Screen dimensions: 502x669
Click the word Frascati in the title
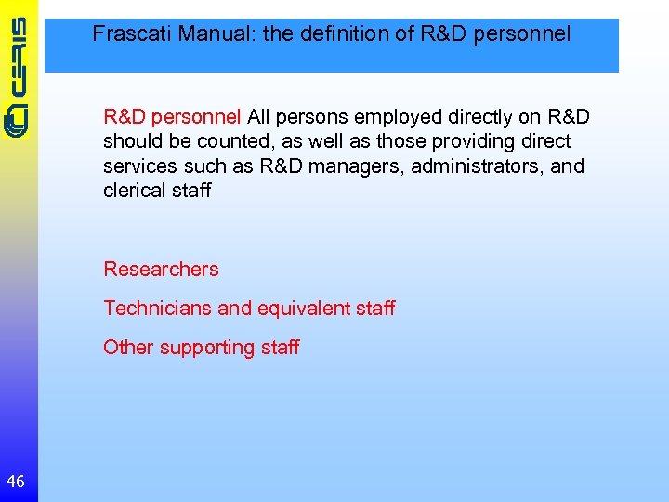[x=132, y=35]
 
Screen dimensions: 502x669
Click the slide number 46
[x=15, y=481]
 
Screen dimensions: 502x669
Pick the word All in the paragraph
[x=259, y=118]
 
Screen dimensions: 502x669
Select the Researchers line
[x=161, y=270]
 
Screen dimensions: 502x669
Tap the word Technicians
[x=157, y=308]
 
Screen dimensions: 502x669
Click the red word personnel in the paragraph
[x=197, y=118]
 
